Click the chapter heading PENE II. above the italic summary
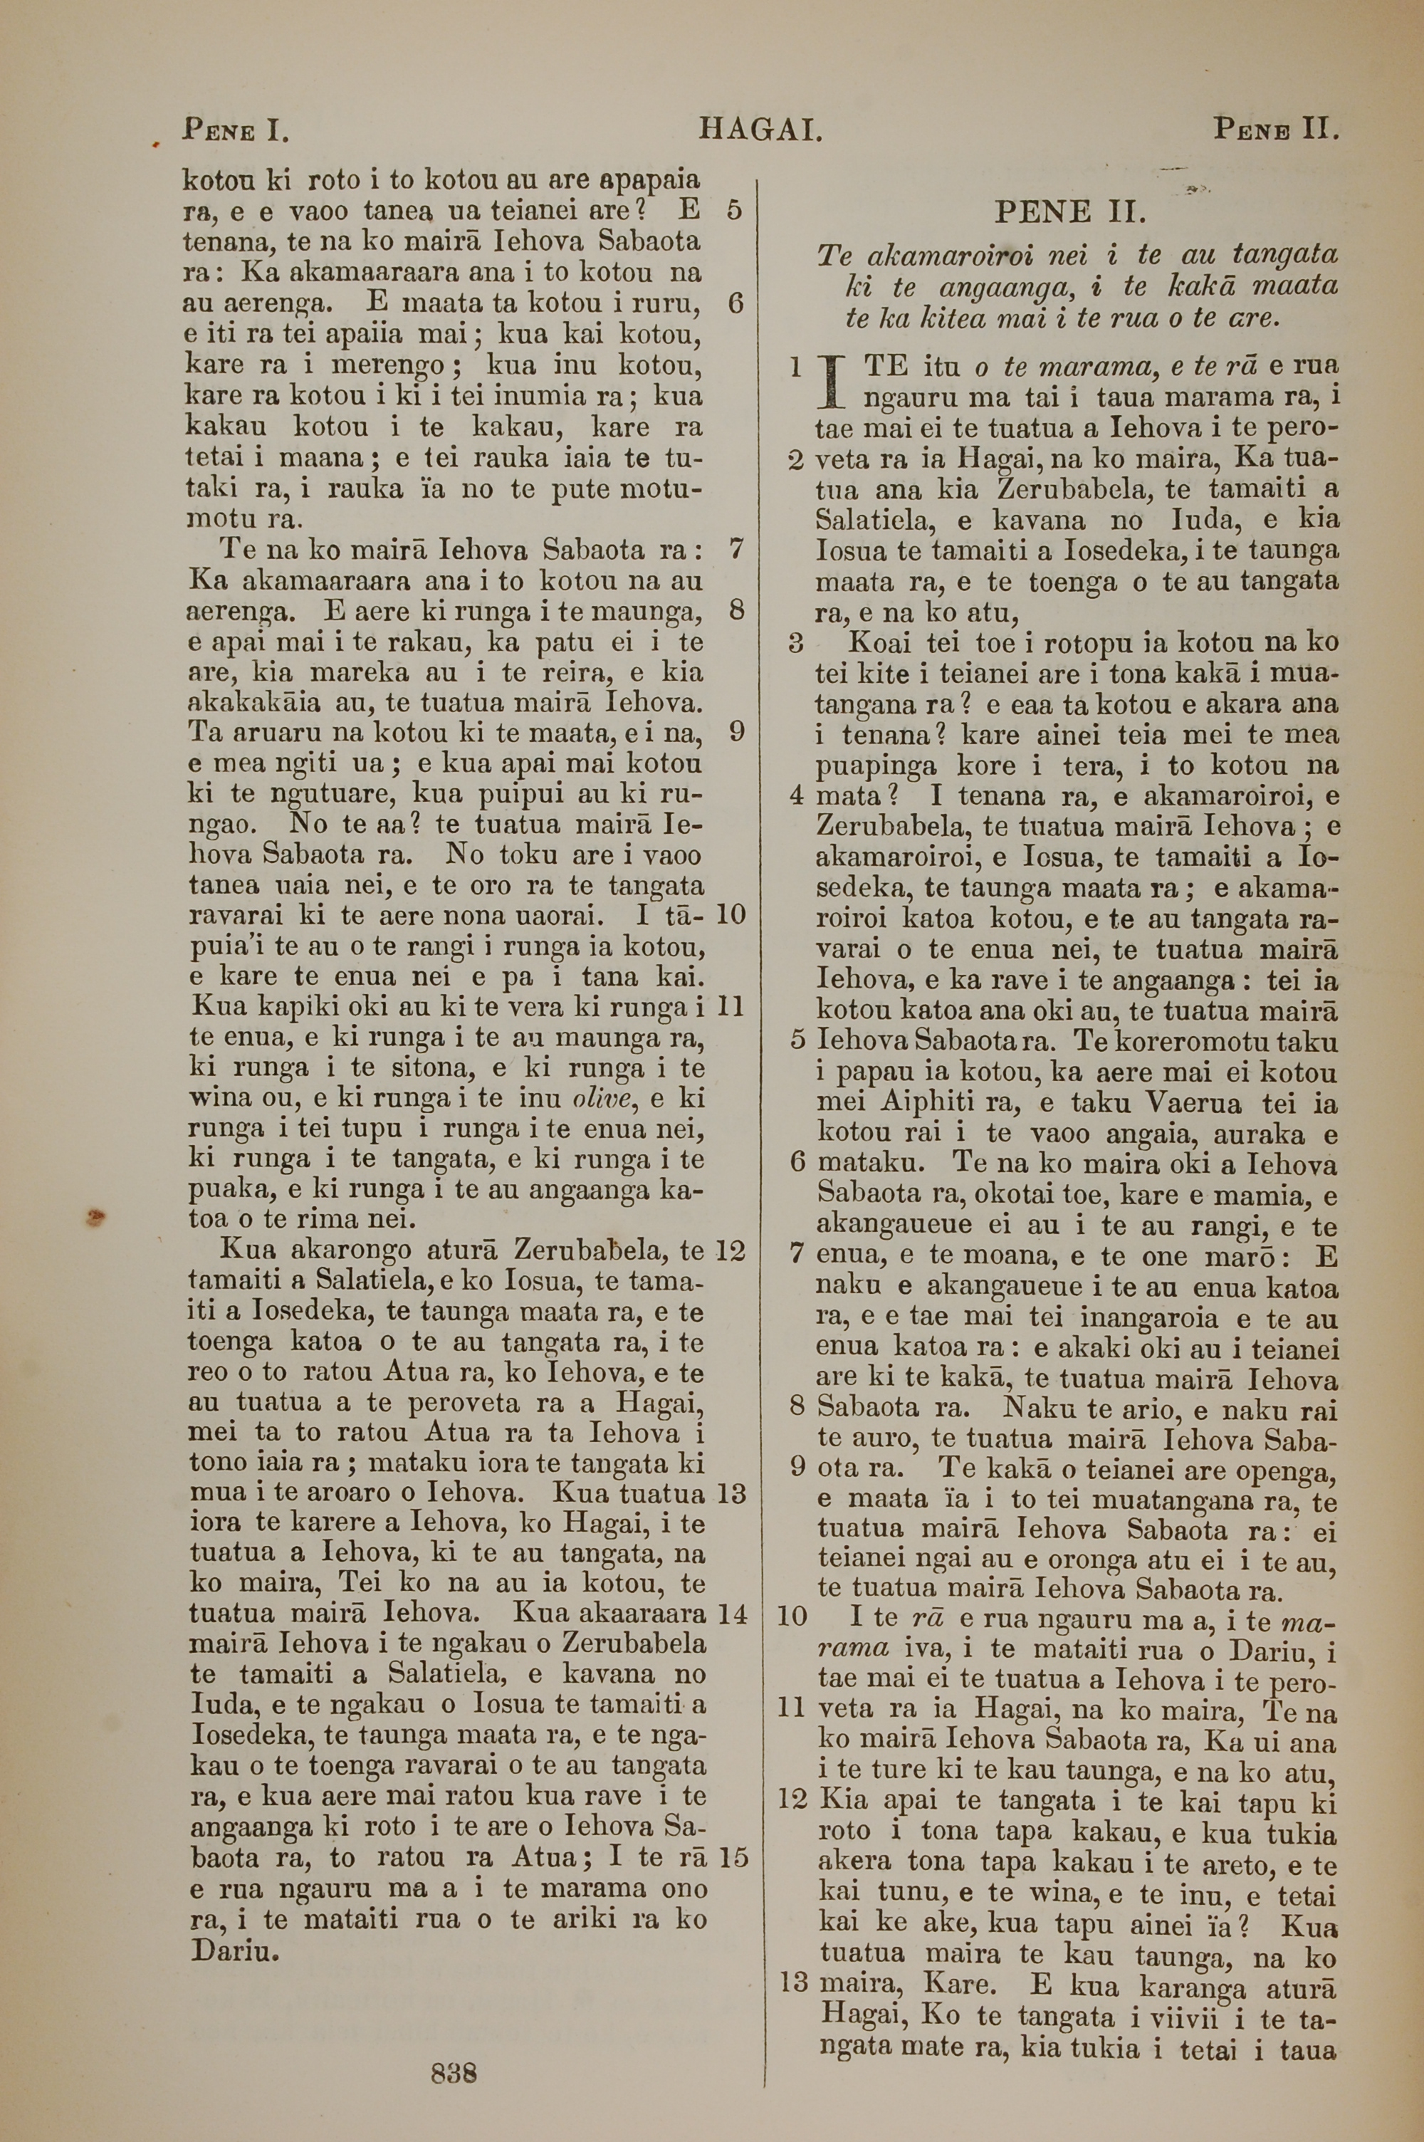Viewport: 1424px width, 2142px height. (1071, 214)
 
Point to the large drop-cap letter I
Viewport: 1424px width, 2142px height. (828, 384)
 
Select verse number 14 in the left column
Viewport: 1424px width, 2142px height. (732, 1614)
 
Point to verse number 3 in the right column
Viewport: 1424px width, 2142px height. (797, 643)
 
